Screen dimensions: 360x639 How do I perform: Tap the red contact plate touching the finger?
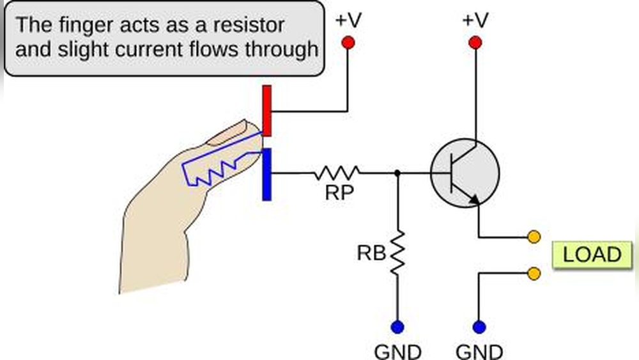point(267,111)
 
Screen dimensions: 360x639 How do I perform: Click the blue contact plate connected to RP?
point(266,174)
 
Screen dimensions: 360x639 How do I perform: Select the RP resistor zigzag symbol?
point(336,173)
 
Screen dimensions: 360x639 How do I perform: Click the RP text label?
point(339,193)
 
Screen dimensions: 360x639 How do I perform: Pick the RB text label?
point(371,254)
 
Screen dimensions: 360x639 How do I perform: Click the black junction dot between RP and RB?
point(397,173)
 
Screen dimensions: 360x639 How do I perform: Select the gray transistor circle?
point(465,173)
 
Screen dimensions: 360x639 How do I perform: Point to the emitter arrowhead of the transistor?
point(475,200)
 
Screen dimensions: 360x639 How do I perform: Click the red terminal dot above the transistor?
point(474,43)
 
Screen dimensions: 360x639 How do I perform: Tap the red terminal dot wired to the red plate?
point(348,43)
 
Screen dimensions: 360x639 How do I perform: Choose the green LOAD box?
point(592,254)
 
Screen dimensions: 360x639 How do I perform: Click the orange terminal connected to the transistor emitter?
point(534,237)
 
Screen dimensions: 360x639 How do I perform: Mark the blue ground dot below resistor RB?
point(397,327)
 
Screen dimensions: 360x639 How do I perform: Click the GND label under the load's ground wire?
point(479,351)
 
